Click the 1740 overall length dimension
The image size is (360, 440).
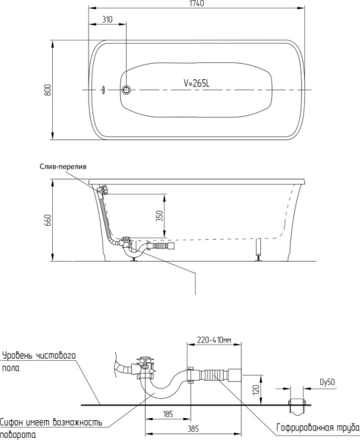coord(196,4)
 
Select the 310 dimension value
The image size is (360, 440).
coord(107,20)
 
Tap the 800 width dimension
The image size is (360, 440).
coord(48,89)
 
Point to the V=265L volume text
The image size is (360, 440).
coord(196,83)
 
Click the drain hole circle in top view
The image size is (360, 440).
coord(126,89)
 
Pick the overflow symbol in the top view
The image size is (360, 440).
coord(103,89)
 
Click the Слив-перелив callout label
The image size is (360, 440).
coord(63,166)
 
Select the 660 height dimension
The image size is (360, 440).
coord(48,220)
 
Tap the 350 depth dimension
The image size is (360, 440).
coord(160,216)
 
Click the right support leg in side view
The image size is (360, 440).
coord(258,250)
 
